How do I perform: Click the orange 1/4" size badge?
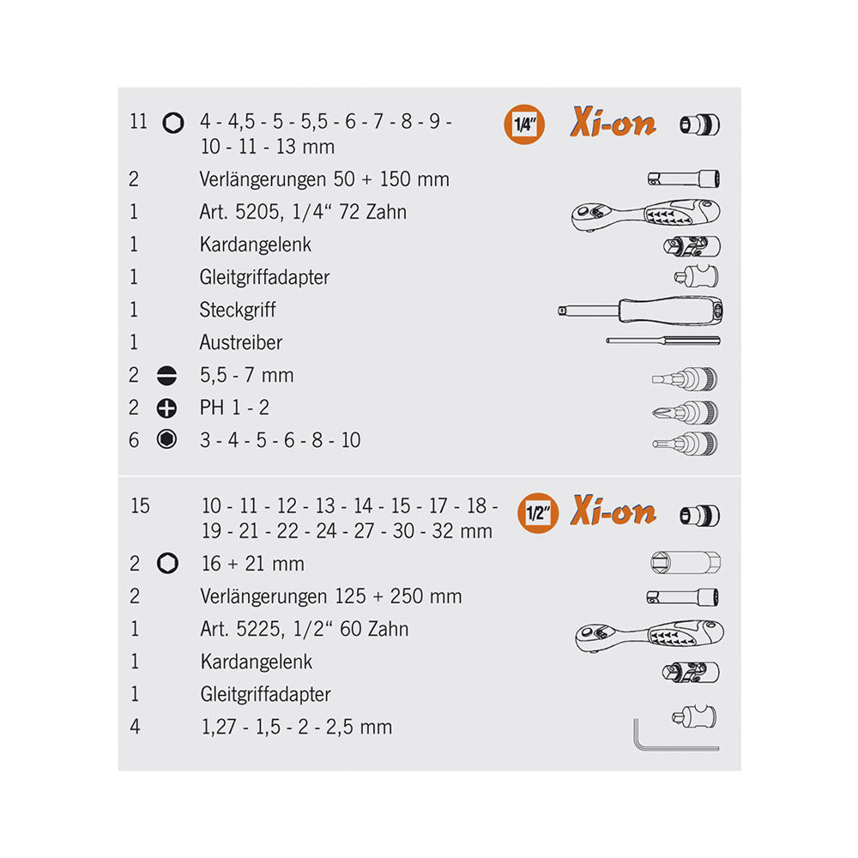pyautogui.click(x=523, y=124)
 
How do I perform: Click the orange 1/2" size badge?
pyautogui.click(x=538, y=513)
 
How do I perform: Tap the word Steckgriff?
pyautogui.click(x=238, y=311)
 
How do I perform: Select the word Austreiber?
pyautogui.click(x=241, y=342)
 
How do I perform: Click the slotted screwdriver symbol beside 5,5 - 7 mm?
pyautogui.click(x=166, y=376)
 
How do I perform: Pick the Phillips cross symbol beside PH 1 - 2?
pyautogui.click(x=166, y=408)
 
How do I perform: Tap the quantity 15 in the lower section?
pyautogui.click(x=140, y=505)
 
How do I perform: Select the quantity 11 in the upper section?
pyautogui.click(x=138, y=121)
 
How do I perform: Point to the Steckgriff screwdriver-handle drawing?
pyautogui.click(x=640, y=311)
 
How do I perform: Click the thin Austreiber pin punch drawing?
pyautogui.click(x=662, y=341)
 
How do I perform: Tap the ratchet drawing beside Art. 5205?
pyautogui.click(x=646, y=214)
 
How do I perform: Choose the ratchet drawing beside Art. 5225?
pyautogui.click(x=650, y=635)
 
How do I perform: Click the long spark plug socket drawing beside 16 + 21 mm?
pyautogui.click(x=685, y=563)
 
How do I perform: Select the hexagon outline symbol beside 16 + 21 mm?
pyautogui.click(x=167, y=563)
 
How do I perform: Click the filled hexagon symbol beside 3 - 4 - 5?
pyautogui.click(x=166, y=439)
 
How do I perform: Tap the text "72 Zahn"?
pyautogui.click(x=372, y=212)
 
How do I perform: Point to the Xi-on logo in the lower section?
pyautogui.click(x=613, y=511)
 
